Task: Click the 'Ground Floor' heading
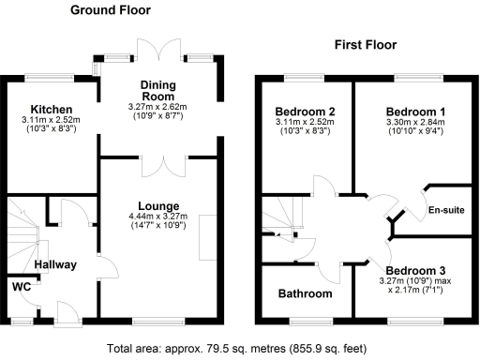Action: pos(111,10)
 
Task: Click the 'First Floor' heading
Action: pos(366,44)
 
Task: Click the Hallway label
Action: pos(55,263)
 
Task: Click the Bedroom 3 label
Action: pos(413,269)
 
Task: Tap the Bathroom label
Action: pos(305,293)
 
